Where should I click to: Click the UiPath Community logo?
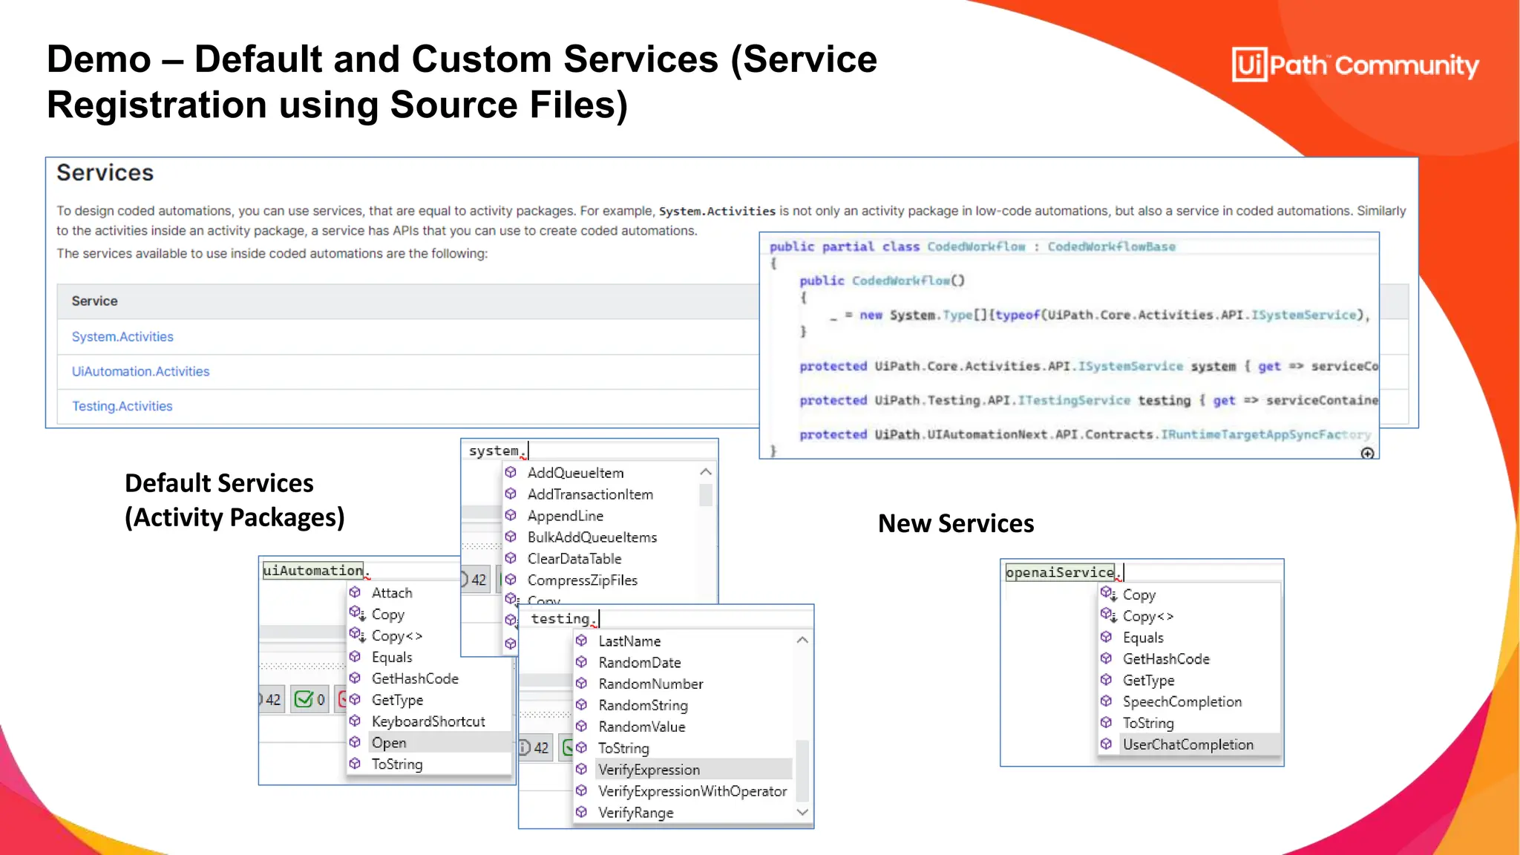click(1354, 65)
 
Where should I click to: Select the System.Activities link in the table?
click(122, 337)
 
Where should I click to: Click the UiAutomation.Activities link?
click(140, 372)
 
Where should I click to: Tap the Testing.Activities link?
click(122, 407)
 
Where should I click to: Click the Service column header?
click(94, 301)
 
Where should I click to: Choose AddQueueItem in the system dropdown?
click(575, 473)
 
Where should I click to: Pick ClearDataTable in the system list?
click(574, 559)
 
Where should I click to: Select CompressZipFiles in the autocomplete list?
click(582, 580)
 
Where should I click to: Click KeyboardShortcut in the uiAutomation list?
click(427, 721)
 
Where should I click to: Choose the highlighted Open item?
click(389, 743)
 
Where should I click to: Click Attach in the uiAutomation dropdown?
click(392, 593)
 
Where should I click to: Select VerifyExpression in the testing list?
click(649, 770)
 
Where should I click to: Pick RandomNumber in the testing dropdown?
click(650, 684)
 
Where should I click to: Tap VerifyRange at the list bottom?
click(635, 813)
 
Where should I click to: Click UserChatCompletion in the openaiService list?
click(1187, 744)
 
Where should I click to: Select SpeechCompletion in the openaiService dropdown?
click(1182, 701)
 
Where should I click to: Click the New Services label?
click(956, 524)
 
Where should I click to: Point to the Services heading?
click(105, 173)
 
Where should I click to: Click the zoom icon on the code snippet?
click(1367, 453)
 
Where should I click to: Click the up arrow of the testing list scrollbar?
click(802, 641)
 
